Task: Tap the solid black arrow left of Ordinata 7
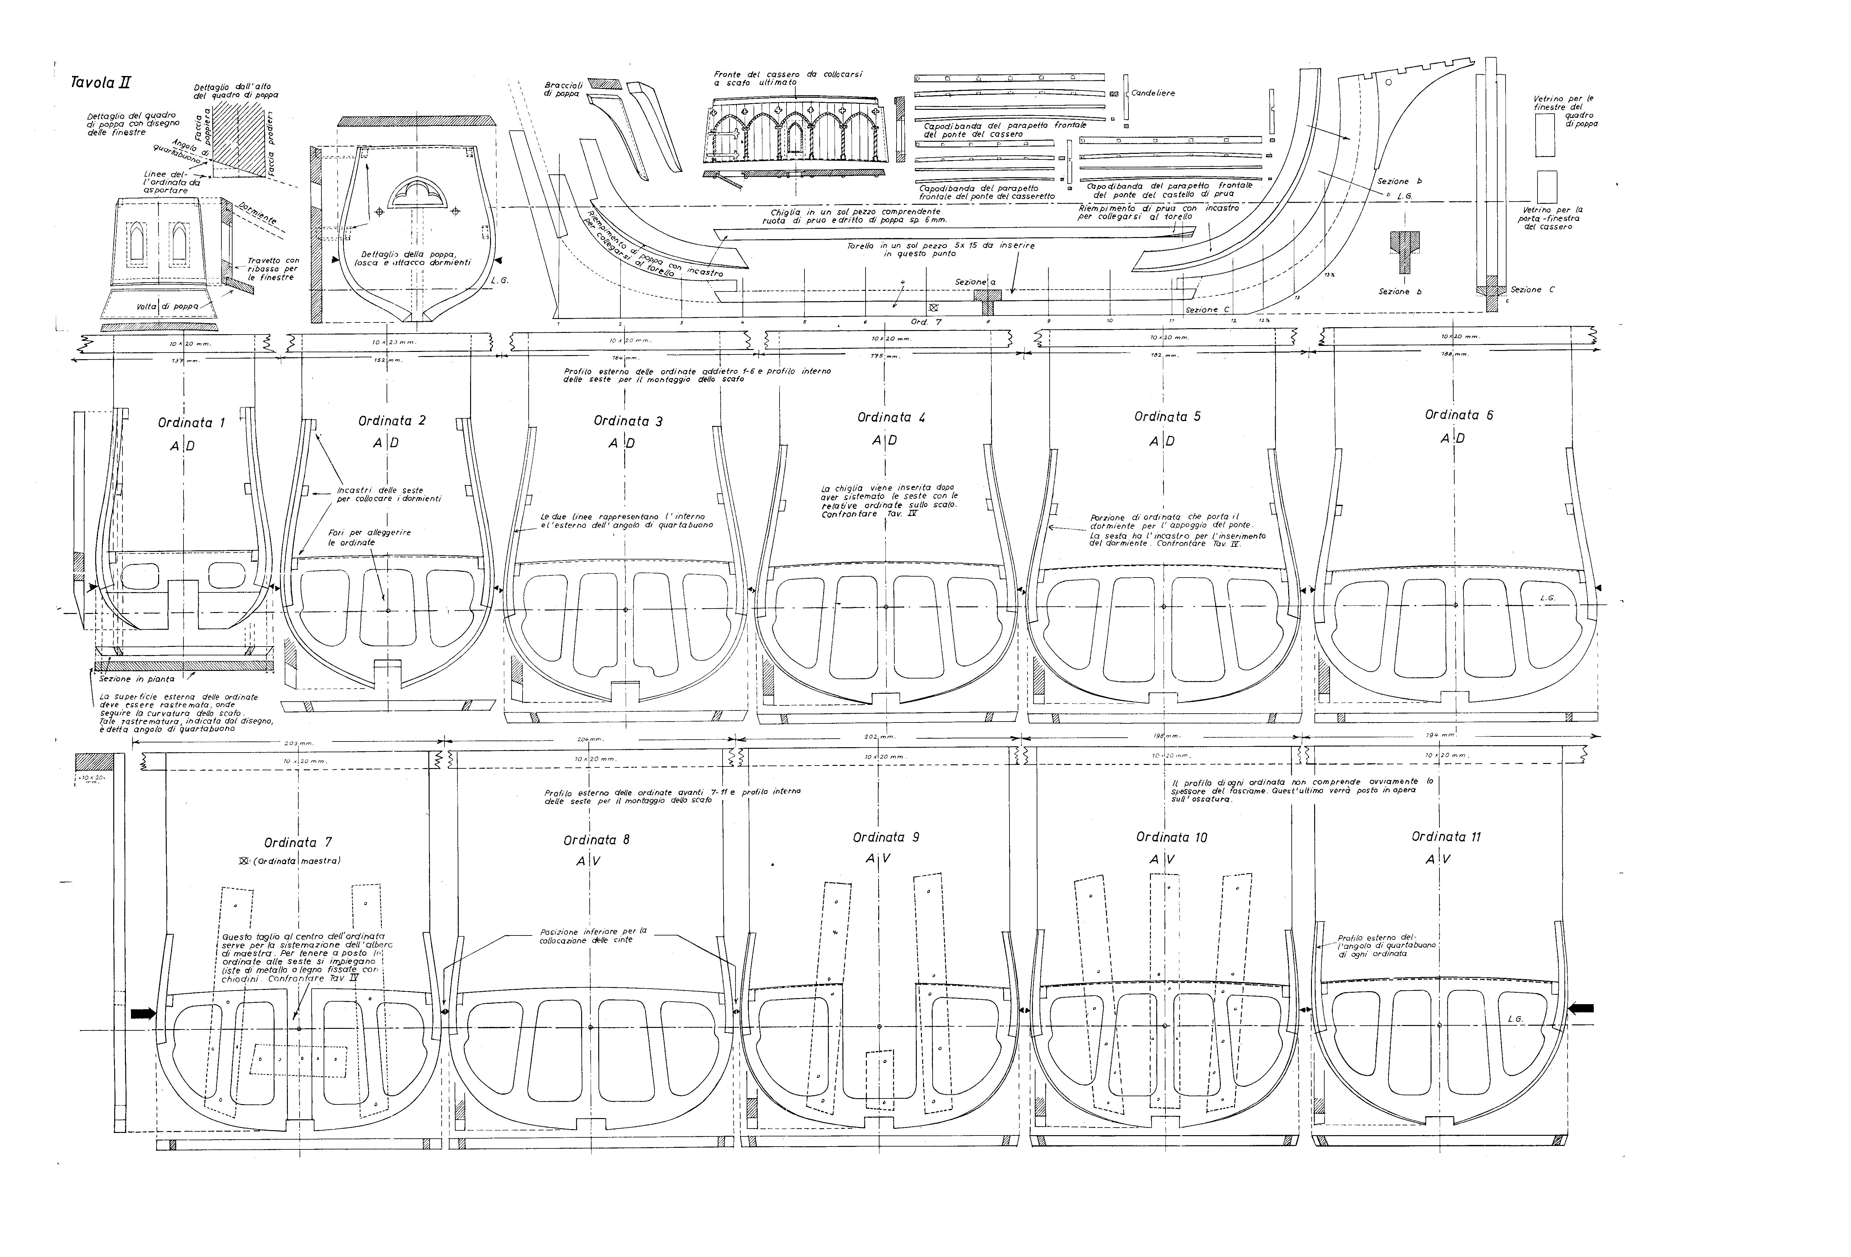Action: tap(143, 1013)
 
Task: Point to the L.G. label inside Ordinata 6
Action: tap(1548, 597)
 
